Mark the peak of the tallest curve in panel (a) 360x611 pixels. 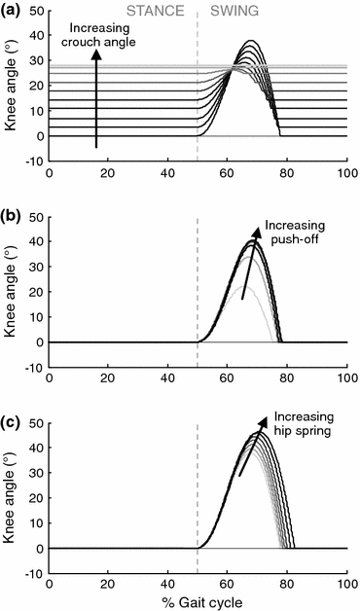[x=251, y=41]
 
